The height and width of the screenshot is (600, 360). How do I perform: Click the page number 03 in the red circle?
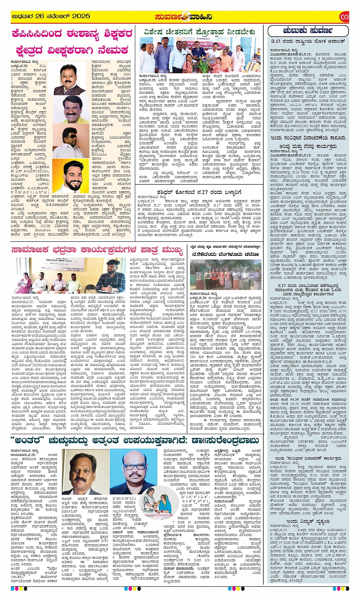[344, 17]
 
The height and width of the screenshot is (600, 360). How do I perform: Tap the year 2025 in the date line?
[81, 16]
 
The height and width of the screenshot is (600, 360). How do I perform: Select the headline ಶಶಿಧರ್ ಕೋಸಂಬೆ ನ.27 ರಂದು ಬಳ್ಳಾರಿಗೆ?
[198, 192]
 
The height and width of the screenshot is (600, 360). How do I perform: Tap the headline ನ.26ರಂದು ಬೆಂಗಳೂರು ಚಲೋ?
[225, 254]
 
